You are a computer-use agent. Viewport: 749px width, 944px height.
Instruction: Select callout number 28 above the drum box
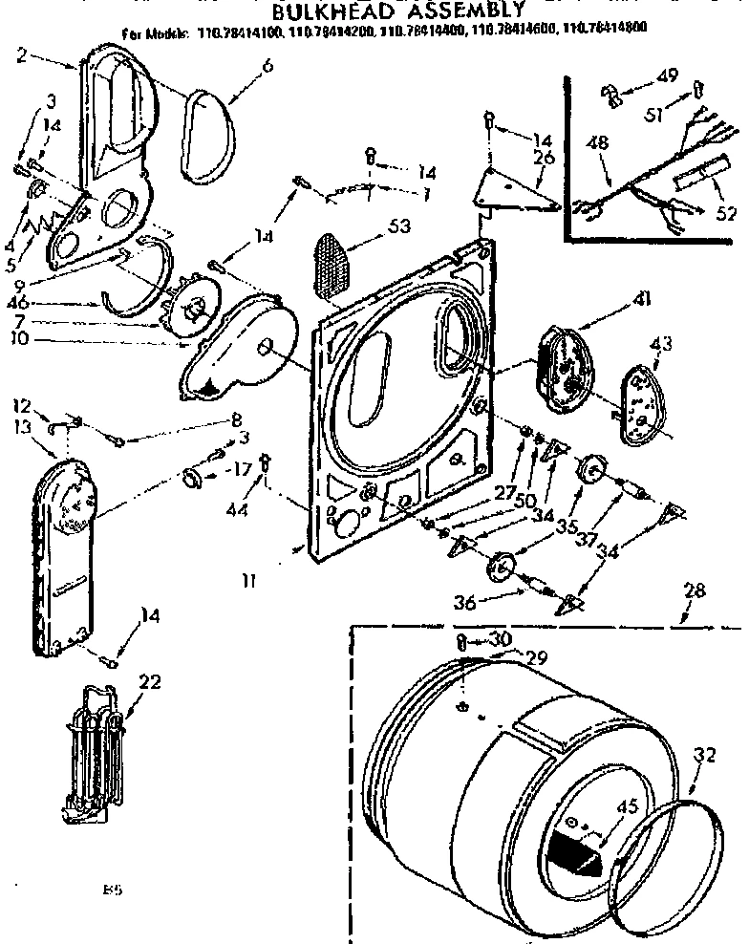[x=695, y=590]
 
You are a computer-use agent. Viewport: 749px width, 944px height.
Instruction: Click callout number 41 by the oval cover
[x=641, y=299]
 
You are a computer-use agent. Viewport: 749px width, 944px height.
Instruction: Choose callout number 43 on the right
[x=660, y=341]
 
